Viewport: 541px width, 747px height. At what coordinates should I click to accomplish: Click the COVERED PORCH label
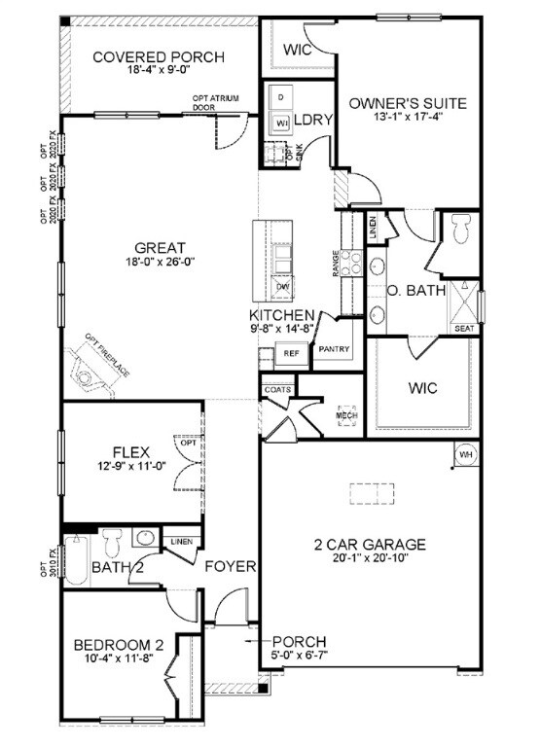158,57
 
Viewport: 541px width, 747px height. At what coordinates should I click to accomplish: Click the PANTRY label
333,348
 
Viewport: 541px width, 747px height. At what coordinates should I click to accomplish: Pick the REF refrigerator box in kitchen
291,355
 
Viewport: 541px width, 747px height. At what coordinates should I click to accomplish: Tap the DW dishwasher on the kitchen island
283,286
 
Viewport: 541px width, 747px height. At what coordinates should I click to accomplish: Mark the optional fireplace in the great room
96,368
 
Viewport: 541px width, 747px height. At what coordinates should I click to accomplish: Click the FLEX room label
129,450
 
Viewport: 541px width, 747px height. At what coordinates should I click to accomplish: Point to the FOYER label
231,566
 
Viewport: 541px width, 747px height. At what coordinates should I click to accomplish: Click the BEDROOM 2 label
117,644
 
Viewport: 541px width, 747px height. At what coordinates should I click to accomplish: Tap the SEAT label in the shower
464,328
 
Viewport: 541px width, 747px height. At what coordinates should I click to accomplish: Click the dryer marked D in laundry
280,99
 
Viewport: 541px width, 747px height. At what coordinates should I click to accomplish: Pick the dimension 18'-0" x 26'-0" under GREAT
161,263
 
